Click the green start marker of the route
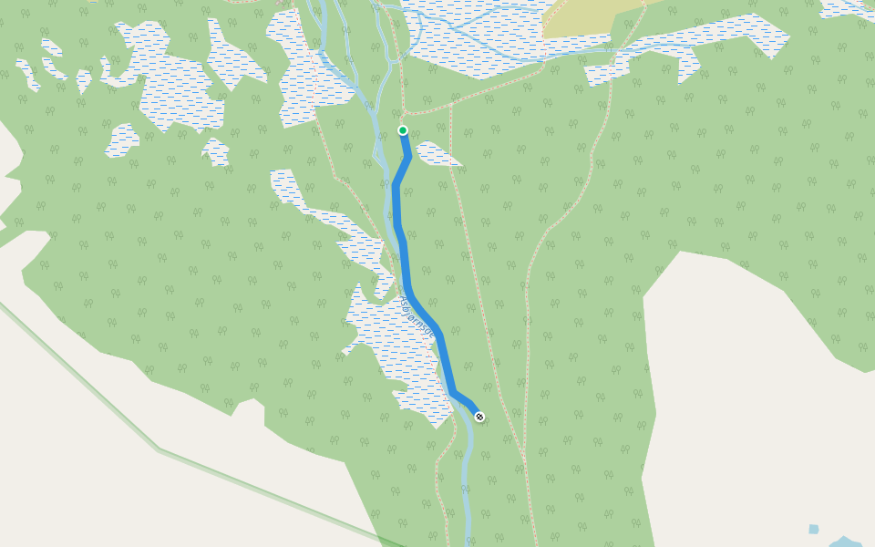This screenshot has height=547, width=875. (x=403, y=130)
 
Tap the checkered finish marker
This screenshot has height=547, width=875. (x=479, y=418)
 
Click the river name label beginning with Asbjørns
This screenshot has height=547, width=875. (x=418, y=319)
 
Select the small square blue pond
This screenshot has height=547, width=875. (x=813, y=529)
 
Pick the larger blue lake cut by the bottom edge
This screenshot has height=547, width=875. (x=846, y=542)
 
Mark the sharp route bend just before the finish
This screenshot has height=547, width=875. (x=453, y=393)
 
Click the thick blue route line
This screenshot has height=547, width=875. (x=402, y=255)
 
